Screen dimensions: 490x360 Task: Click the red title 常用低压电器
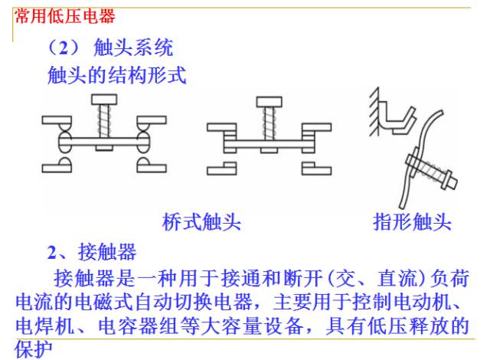(x=64, y=16)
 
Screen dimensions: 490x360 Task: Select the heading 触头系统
(x=133, y=47)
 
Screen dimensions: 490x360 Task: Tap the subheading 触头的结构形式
(x=117, y=75)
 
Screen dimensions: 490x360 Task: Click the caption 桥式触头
(x=201, y=222)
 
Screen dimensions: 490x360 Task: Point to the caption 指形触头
(x=413, y=222)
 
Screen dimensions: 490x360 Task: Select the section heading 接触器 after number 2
(x=107, y=252)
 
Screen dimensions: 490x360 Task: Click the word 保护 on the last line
(x=33, y=349)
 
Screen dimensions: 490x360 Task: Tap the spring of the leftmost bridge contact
(x=104, y=121)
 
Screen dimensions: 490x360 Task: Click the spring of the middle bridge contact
(x=269, y=123)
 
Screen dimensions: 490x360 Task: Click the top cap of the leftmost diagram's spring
(x=104, y=100)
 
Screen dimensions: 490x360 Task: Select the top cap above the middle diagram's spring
(x=269, y=102)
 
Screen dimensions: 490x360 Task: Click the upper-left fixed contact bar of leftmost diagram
(x=57, y=120)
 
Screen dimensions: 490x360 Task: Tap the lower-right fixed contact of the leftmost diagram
(x=152, y=165)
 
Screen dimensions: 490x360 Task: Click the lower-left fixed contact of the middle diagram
(x=221, y=169)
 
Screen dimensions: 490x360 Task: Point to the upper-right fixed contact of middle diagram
(x=316, y=127)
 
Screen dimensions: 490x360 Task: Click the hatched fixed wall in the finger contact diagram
(x=374, y=112)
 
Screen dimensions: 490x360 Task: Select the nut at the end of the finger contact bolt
(x=449, y=181)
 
